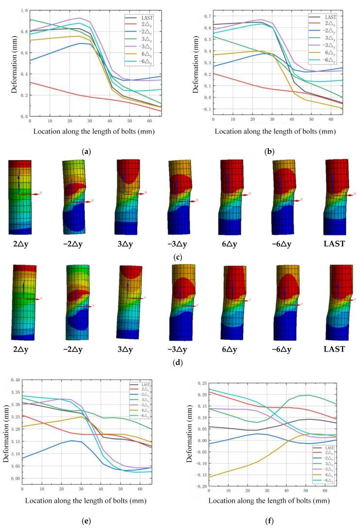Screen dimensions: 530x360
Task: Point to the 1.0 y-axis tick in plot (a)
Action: pyautogui.click(x=24, y=10)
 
